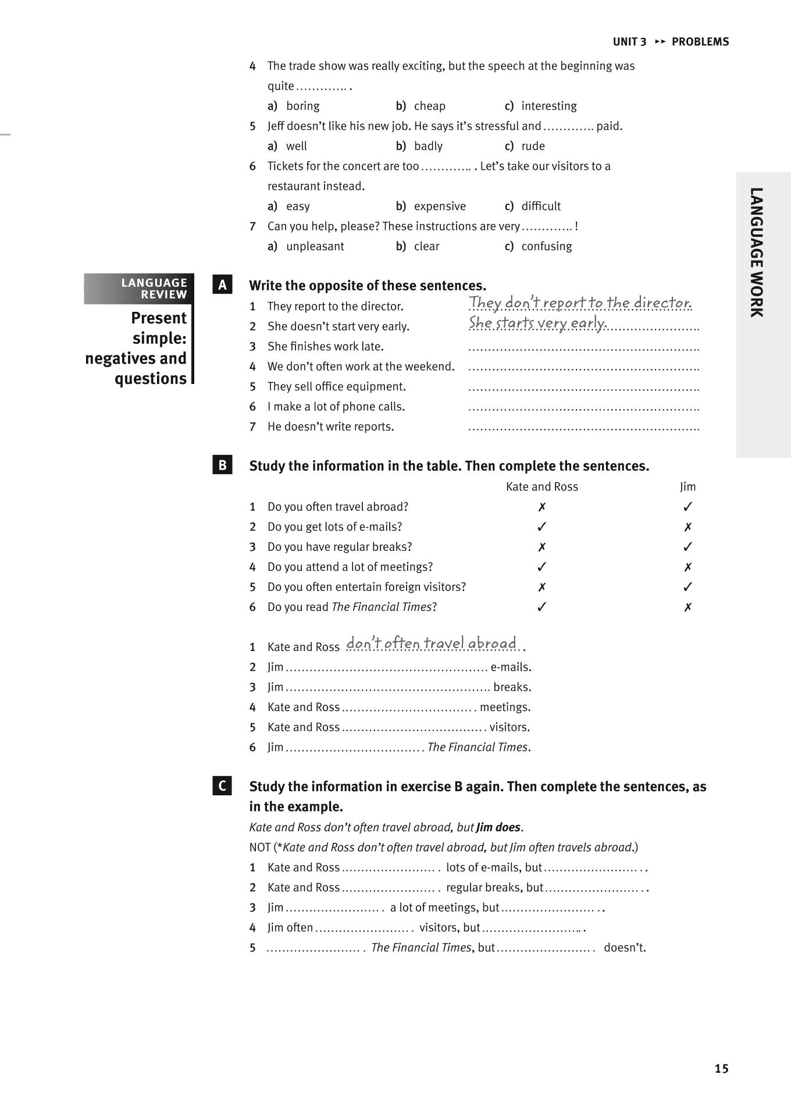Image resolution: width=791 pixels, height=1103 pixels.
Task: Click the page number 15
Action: click(x=721, y=1068)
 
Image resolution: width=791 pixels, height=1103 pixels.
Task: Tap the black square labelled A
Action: click(x=222, y=285)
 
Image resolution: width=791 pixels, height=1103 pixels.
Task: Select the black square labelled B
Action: click(x=222, y=465)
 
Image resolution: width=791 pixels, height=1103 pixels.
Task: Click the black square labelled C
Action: click(x=222, y=786)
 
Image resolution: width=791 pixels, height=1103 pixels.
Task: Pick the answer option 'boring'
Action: click(x=302, y=106)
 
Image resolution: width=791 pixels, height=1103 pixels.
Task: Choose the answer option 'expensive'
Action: click(x=440, y=206)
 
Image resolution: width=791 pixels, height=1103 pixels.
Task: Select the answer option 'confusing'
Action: click(x=546, y=246)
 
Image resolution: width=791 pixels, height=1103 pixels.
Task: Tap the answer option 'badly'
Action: click(x=428, y=146)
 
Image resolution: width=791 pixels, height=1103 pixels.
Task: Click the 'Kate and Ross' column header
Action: click(x=541, y=486)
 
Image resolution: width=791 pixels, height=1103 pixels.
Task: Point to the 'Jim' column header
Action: click(x=687, y=486)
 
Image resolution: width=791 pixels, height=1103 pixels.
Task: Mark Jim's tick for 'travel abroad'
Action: click(x=687, y=507)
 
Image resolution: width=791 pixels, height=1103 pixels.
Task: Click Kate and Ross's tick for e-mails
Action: click(x=541, y=526)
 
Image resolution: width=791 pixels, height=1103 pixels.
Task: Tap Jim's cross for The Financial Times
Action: click(x=687, y=607)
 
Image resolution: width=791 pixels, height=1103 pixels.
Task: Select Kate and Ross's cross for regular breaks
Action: click(x=541, y=547)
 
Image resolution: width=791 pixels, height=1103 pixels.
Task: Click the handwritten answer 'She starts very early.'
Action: click(x=538, y=322)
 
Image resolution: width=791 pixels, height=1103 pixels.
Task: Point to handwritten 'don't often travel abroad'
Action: click(x=431, y=643)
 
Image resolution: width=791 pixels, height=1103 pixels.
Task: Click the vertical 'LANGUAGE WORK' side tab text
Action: click(x=756, y=252)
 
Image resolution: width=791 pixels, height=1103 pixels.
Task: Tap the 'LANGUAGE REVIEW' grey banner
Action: click(x=139, y=289)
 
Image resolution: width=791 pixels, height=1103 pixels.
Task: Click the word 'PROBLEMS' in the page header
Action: click(x=700, y=42)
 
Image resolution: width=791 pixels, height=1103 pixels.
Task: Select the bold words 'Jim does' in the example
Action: click(x=498, y=827)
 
